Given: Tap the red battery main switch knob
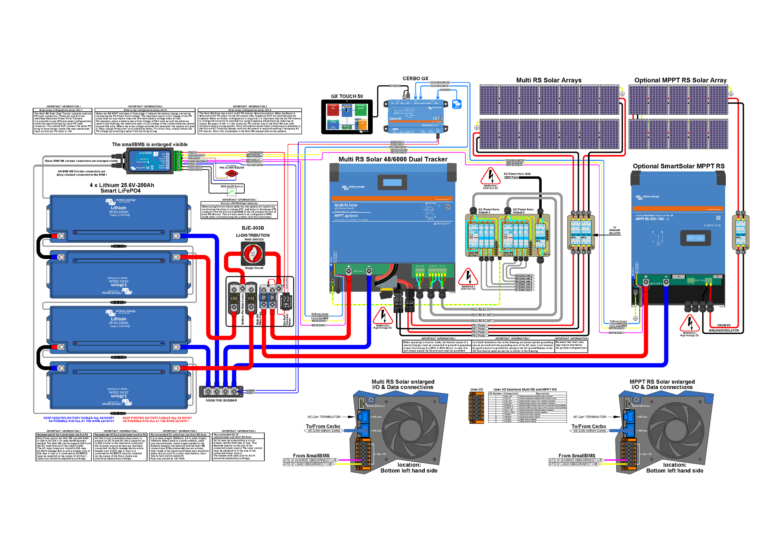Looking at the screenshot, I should (253, 253).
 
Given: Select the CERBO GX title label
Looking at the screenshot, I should (415, 78).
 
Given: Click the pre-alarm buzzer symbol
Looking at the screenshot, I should (232, 174).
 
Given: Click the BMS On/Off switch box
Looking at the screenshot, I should (232, 189).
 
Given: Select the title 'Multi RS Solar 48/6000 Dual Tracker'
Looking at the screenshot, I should (393, 159).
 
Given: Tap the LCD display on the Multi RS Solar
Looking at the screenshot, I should (392, 183).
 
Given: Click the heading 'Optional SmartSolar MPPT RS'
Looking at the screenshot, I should (678, 166).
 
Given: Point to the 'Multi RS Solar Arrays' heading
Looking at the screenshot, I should (549, 80).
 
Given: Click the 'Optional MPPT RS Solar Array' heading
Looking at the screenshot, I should (680, 80).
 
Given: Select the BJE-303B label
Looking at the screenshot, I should (253, 228).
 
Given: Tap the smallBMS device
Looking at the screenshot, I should (150, 161).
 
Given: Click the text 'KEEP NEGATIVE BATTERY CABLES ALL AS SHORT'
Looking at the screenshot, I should (79, 418).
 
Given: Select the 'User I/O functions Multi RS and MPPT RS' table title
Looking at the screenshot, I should (525, 390).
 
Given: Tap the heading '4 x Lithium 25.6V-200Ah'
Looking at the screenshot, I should (122, 185).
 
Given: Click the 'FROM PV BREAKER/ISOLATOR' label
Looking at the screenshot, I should (724, 328).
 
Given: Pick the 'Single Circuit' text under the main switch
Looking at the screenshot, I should (254, 268).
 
